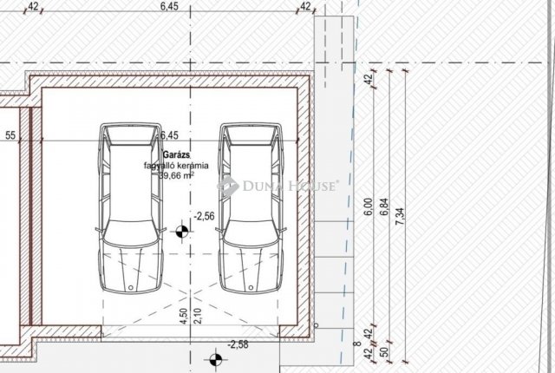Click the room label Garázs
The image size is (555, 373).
click(x=177, y=154)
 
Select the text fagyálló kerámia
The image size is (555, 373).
click(x=176, y=166)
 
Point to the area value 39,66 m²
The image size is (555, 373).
click(x=176, y=175)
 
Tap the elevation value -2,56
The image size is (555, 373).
click(x=205, y=216)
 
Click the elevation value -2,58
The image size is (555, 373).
click(x=238, y=344)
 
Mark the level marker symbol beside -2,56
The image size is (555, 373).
click(x=182, y=232)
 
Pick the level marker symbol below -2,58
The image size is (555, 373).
click(x=215, y=360)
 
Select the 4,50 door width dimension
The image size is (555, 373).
click(x=184, y=316)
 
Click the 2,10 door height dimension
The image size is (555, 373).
click(x=199, y=316)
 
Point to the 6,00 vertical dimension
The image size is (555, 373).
click(x=369, y=206)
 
